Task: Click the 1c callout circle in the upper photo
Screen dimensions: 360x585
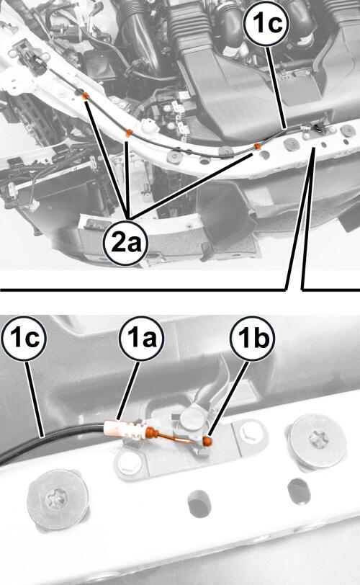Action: [x=266, y=24]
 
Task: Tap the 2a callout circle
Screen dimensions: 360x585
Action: [x=126, y=244]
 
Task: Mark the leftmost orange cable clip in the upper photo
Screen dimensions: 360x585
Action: [x=86, y=97]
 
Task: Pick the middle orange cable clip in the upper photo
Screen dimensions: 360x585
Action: [x=129, y=133]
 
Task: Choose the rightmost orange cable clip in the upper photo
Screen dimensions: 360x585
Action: [x=257, y=146]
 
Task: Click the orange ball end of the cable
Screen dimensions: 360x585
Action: [x=207, y=442]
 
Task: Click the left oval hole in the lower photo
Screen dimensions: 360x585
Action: [x=199, y=504]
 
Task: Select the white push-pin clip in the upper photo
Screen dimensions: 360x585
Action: [x=149, y=126]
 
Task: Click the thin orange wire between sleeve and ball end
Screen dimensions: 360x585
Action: [x=176, y=437]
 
